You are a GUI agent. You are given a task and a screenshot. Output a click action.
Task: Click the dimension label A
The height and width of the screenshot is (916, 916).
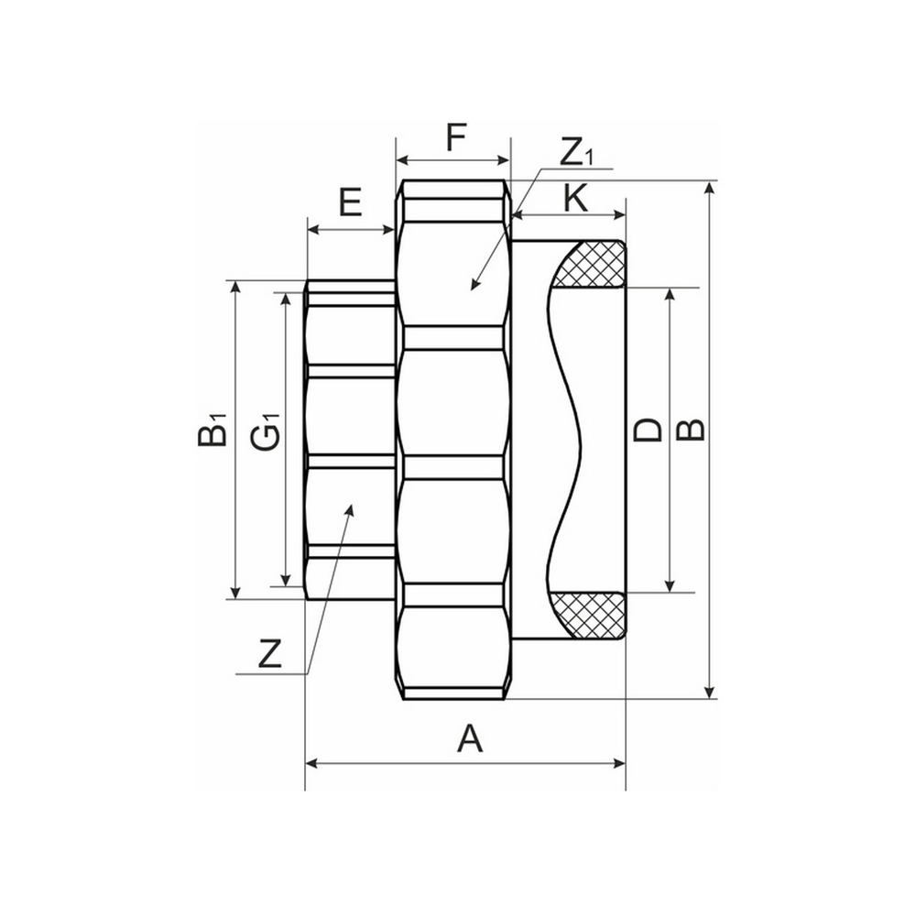(x=469, y=737)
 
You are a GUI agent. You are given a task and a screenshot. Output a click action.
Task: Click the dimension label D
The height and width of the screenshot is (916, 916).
(x=649, y=429)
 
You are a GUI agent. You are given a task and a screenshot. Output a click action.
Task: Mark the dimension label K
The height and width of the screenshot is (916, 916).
(x=575, y=199)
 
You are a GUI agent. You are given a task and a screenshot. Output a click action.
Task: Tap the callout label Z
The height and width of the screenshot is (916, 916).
(x=268, y=654)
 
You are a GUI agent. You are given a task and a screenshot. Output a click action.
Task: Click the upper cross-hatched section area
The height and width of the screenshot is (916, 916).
(x=593, y=265)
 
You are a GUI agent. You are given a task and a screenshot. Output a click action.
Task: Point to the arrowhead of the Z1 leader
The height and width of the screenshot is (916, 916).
(x=474, y=287)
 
